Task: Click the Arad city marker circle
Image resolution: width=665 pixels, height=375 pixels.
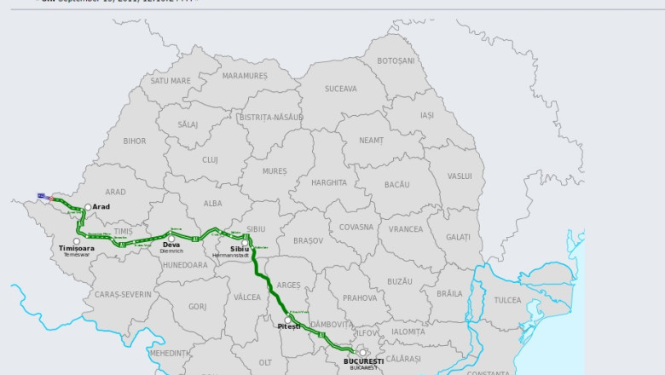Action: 87,207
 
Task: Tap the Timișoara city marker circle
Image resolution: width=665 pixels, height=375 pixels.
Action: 77,241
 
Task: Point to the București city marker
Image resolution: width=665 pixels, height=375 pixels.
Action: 362,352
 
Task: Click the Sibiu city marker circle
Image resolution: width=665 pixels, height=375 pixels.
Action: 245,243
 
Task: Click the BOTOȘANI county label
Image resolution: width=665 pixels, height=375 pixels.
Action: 396,61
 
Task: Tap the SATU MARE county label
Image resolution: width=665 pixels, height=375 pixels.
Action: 171,81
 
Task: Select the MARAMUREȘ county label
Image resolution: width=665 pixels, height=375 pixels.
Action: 245,76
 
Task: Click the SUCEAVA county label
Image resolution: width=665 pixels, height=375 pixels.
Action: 340,89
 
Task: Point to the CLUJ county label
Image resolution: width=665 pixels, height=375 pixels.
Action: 210,159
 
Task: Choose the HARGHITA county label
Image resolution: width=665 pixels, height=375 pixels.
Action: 329,182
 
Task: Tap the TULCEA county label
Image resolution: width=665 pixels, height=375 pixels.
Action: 507,300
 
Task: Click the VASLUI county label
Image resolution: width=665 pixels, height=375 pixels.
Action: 460,176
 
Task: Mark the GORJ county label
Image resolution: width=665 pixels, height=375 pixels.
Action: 197,306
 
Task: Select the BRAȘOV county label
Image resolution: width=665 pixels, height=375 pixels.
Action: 309,240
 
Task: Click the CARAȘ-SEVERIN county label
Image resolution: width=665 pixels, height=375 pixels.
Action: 123,294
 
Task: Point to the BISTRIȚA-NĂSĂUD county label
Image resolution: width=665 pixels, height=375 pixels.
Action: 271,117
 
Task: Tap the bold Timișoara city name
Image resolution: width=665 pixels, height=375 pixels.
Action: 77,249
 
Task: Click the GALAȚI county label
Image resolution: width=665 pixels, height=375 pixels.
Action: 458,237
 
